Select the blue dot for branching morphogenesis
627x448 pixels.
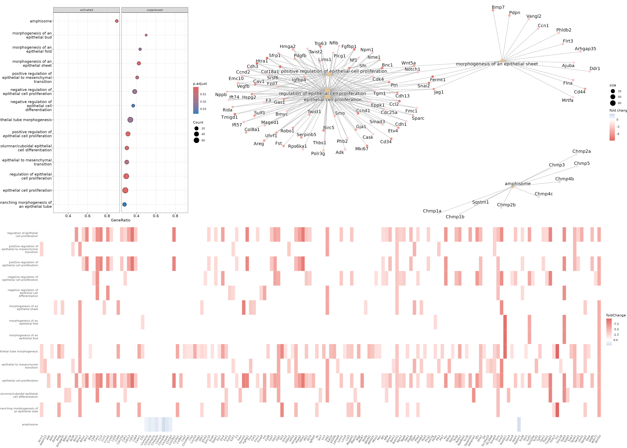pyautogui.click(x=124, y=204)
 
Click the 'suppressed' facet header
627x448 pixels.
pyautogui.click(x=155, y=10)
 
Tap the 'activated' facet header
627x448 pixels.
pyautogui.click(x=87, y=10)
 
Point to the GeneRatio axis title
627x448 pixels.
pyautogui.click(x=120, y=220)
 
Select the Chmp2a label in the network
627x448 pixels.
pyautogui.click(x=582, y=151)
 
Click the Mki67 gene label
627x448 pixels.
pyautogui.click(x=361, y=149)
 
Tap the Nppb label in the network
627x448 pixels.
pyautogui.click(x=221, y=95)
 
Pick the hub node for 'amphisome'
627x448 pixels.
pyautogui.click(x=512, y=187)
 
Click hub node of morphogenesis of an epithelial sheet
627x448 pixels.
pyautogui.click(x=502, y=61)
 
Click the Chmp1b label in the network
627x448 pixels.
pyautogui.click(x=455, y=217)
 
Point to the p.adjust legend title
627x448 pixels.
pyautogui.click(x=200, y=84)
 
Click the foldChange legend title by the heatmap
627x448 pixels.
pyautogui.click(x=616, y=315)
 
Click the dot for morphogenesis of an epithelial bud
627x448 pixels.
pyautogui.click(x=146, y=35)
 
